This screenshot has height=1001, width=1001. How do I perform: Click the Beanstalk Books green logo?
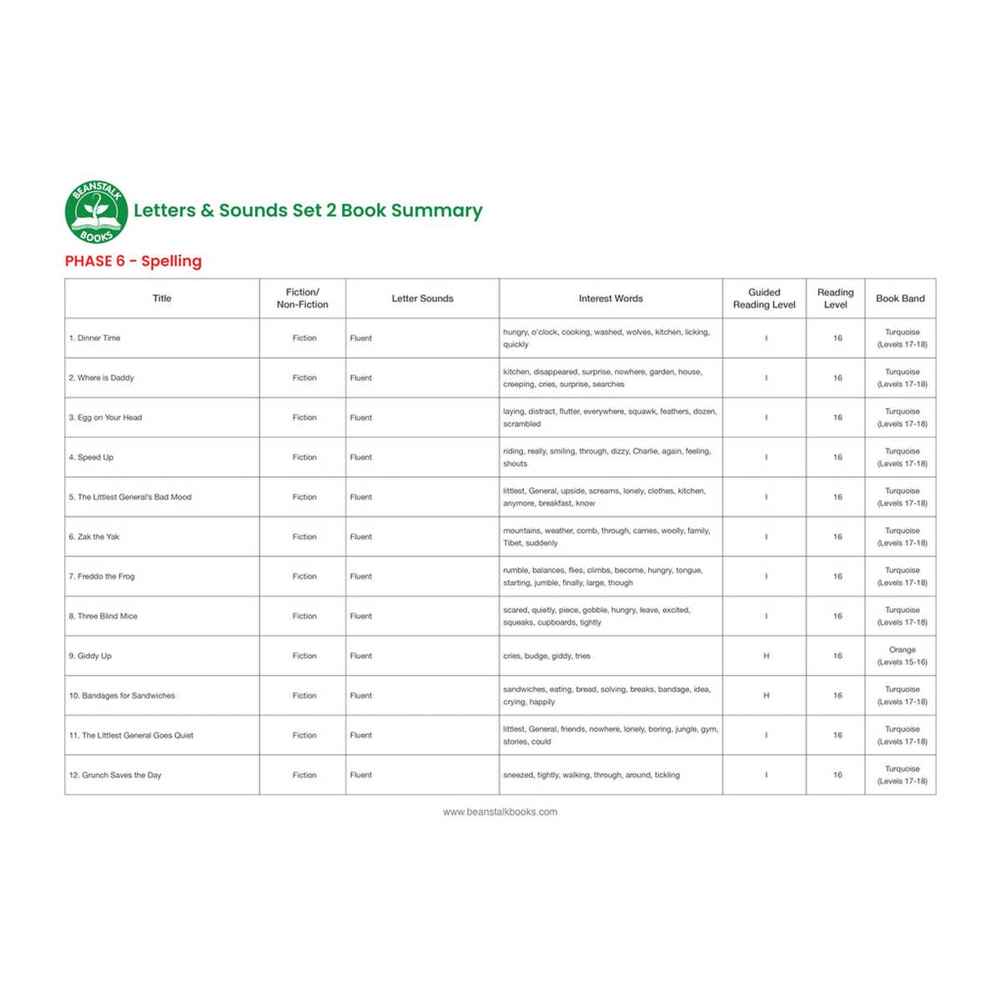tap(97, 212)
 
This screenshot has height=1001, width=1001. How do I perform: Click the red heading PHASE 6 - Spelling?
tap(133, 261)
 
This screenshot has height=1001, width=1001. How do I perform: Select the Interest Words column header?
tap(611, 299)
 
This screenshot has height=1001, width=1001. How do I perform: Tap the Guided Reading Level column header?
tap(764, 299)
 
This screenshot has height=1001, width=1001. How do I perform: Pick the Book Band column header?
tap(900, 299)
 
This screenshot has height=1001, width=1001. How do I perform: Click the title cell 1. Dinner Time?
tap(95, 339)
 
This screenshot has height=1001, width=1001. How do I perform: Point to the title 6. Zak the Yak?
tap(94, 537)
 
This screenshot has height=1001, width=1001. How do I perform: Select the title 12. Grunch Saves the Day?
tap(115, 776)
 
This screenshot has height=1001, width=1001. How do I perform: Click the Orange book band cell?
tap(902, 656)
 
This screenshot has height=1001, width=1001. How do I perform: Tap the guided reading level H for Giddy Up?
tap(766, 656)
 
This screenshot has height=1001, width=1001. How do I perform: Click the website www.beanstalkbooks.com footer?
tap(500, 812)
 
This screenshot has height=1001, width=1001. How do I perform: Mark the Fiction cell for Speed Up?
tap(304, 458)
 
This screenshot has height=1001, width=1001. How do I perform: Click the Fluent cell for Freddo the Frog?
tap(361, 576)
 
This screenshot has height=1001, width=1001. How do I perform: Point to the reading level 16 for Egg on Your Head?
tap(838, 418)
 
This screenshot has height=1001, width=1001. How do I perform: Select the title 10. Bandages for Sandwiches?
tap(122, 696)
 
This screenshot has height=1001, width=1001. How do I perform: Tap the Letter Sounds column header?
tap(422, 299)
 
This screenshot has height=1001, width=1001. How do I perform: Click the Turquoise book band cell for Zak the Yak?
tap(902, 537)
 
